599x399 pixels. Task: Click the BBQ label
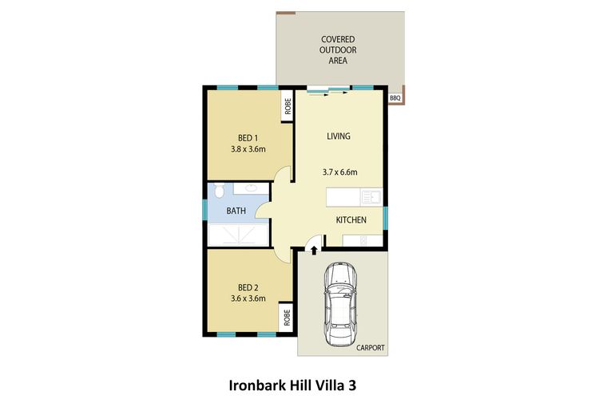[395, 98]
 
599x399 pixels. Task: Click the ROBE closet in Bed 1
[287, 105]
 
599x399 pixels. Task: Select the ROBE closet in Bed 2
[287, 317]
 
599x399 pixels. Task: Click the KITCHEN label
[351, 219]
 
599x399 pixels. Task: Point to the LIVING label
[339, 136]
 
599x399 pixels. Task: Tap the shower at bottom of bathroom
[238, 235]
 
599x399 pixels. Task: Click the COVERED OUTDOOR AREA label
[338, 49]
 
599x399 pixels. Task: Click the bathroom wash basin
[251, 188]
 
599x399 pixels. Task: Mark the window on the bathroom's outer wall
[204, 209]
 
